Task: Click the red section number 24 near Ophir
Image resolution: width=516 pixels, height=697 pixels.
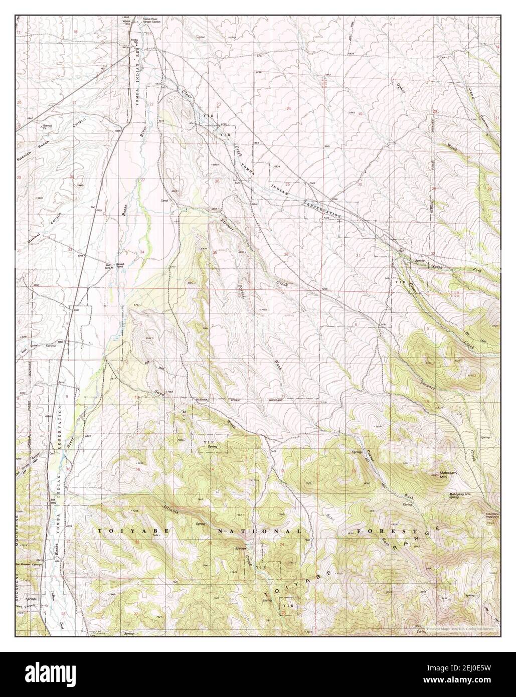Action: pyautogui.click(x=289, y=109)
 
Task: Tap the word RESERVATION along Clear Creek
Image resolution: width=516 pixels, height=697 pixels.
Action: pyautogui.click(x=323, y=209)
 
